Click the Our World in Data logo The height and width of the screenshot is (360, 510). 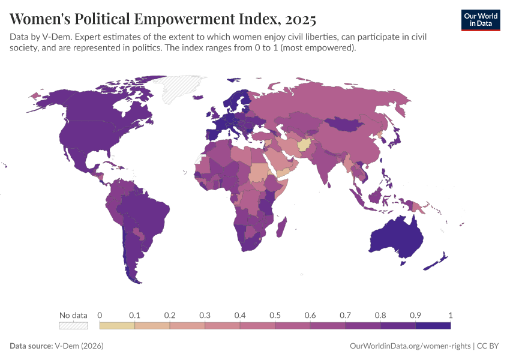pyautogui.click(x=480, y=20)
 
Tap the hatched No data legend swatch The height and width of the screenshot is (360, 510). pyautogui.click(x=73, y=325)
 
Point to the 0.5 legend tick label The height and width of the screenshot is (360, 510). pyautogui.click(x=275, y=315)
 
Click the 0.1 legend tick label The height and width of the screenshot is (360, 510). pyautogui.click(x=134, y=315)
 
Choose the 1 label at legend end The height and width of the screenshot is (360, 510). pyautogui.click(x=450, y=315)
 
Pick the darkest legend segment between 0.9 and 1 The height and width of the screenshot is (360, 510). pyautogui.click(x=433, y=325)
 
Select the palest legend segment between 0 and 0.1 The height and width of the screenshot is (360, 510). pyautogui.click(x=117, y=325)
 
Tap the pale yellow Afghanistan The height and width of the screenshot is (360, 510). pyautogui.click(x=305, y=146)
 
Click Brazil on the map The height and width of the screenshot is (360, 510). pyautogui.click(x=150, y=210)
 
